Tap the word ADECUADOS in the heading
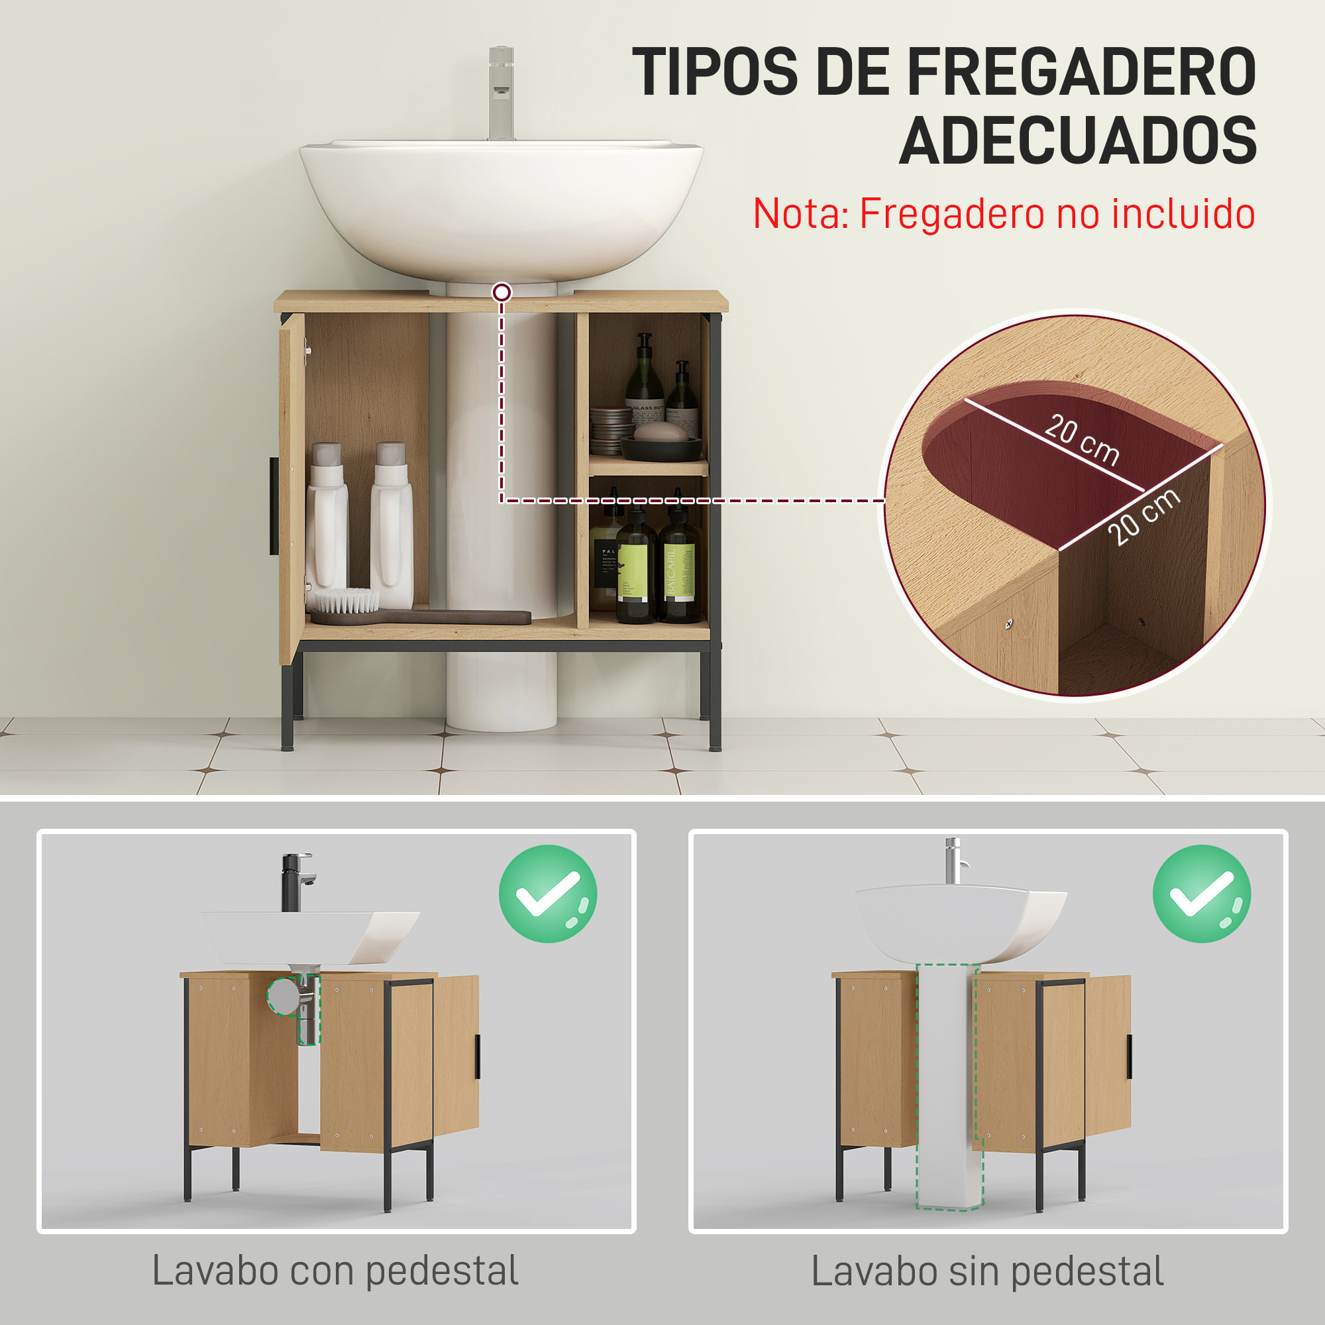point(1077,140)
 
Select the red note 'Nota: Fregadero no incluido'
point(1004,213)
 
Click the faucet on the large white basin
point(502,93)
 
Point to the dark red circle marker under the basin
point(502,293)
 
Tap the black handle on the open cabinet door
point(274,506)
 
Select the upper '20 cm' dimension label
point(1082,439)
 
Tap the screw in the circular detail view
point(1009,623)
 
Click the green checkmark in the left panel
point(548,894)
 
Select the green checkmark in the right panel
point(1202,894)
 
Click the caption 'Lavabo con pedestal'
point(335,1271)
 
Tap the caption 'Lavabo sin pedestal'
point(988,1271)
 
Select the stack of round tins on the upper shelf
point(609,430)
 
